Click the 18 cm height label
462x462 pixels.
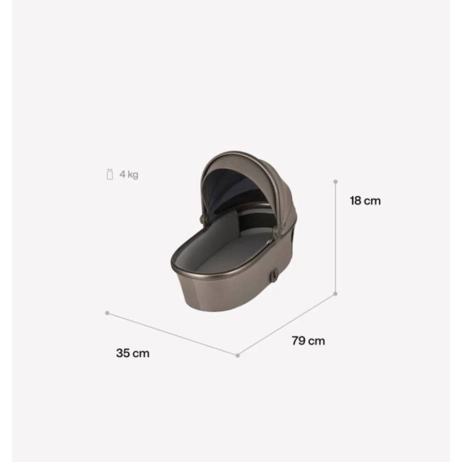tap(365, 201)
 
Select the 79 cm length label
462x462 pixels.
tap(308, 341)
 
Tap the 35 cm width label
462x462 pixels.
tap(133, 353)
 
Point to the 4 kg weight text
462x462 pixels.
tap(129, 175)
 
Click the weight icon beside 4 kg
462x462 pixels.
tap(110, 175)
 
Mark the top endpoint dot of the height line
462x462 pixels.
tap(335, 181)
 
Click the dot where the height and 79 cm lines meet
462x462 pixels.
tap(335, 294)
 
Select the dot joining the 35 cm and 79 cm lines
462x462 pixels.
tap(238, 355)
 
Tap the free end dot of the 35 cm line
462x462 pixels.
tap(107, 313)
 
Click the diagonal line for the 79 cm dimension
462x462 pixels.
tap(287, 324)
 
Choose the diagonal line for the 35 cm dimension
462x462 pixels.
tap(171, 333)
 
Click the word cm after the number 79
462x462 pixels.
tap(317, 341)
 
